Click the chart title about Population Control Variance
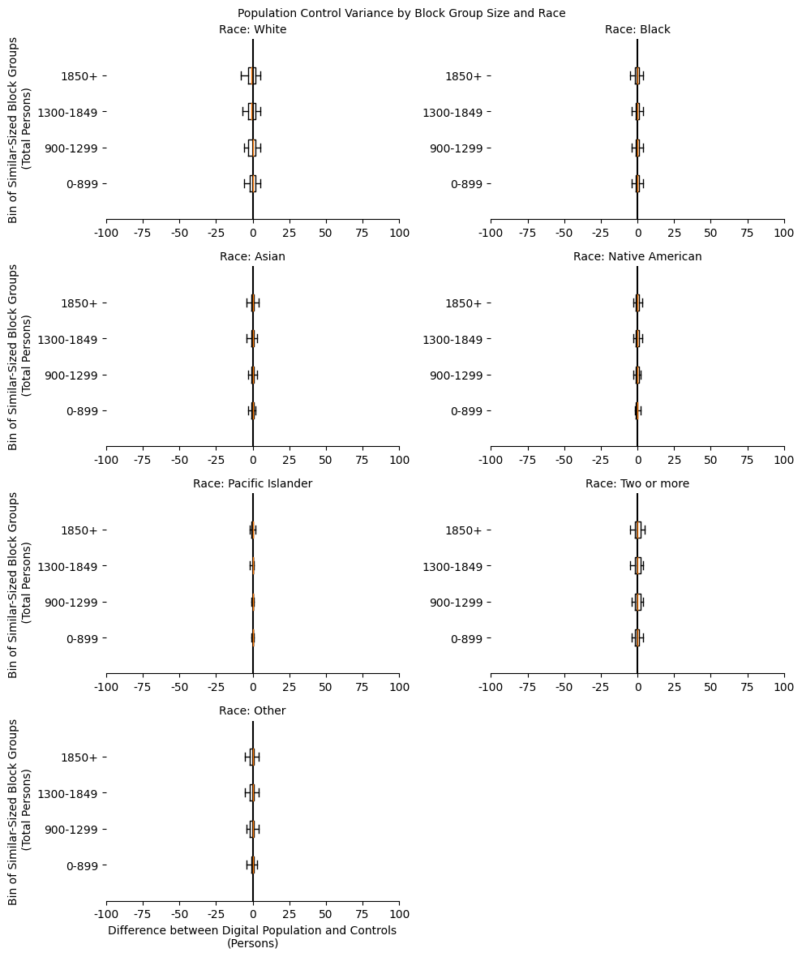click(401, 13)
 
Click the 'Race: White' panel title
click(252, 30)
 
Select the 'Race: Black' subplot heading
click(637, 30)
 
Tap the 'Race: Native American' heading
click(637, 257)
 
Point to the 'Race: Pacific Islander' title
click(252, 484)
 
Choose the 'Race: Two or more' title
click(637, 484)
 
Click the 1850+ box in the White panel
click(252, 76)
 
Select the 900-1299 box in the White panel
click(252, 148)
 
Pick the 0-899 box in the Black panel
click(637, 184)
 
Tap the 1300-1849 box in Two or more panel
click(638, 566)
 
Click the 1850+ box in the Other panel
click(252, 757)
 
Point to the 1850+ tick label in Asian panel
click(79, 303)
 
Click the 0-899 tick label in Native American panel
click(466, 411)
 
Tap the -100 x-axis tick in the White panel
click(106, 234)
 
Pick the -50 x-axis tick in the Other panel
click(179, 915)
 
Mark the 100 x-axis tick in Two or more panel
click(784, 688)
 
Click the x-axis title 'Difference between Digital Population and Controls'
click(252, 931)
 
